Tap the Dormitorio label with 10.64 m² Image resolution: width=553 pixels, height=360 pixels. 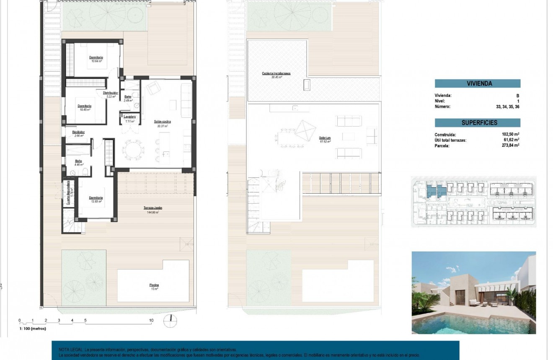96,57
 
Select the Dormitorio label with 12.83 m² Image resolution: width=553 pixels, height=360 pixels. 96,197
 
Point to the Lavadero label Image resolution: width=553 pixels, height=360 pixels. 129,117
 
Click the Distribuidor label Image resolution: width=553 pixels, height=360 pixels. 111,93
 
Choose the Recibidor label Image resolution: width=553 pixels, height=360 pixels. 79,132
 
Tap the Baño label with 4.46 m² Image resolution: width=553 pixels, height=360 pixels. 79,161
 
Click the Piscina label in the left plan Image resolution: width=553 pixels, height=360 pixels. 154,285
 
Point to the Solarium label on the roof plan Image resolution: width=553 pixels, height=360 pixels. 325,138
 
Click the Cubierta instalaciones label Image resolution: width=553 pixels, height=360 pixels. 276,73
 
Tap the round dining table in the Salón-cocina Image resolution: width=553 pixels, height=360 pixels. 133,149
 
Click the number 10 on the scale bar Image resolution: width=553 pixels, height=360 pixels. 151,321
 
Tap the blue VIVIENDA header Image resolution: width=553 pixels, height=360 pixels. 478,83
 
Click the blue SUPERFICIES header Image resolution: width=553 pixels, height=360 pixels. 478,123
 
